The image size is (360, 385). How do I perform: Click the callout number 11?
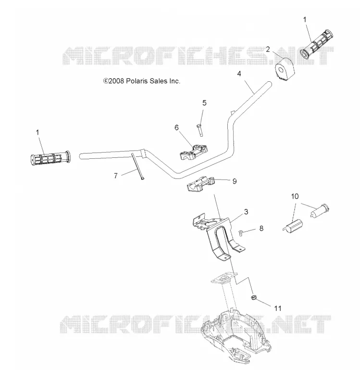pos(278,308)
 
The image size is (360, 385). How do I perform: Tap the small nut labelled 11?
pos(254,297)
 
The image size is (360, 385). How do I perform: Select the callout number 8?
pos(261,228)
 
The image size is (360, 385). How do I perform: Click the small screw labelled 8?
pos(240,232)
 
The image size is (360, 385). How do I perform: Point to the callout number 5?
pos(204,103)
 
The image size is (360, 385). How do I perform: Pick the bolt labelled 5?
pos(199,130)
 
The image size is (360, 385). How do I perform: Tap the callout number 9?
pos(235,181)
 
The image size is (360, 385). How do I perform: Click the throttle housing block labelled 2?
pos(285,68)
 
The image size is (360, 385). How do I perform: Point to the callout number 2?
pos(268,50)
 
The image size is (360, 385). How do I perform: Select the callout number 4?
pos(239,74)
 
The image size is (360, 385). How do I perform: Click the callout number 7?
pos(116,176)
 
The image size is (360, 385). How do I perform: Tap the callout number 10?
pos(295,196)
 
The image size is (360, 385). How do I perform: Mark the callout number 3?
pos(246,212)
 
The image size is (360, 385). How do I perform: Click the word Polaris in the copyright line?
pos(137,81)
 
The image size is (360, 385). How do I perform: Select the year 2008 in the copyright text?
pos(116,81)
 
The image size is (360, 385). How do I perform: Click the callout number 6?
pos(176,128)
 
